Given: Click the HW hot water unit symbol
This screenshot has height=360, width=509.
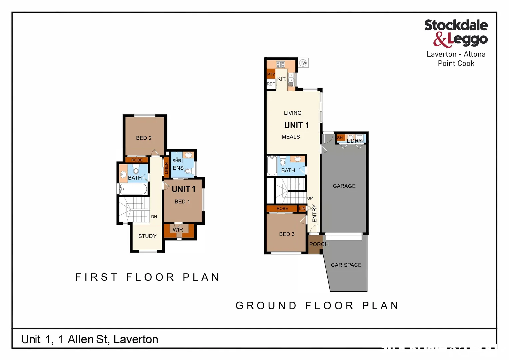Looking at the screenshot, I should pos(303,63).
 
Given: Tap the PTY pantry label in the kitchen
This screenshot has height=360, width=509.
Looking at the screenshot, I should pos(271,75).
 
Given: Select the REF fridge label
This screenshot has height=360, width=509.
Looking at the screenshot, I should pos(271,84).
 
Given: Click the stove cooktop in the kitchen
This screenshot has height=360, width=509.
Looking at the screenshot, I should pos(281,64).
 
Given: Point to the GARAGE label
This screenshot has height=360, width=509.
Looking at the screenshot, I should pos(344,186).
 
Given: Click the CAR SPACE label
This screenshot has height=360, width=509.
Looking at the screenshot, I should pos(346,265).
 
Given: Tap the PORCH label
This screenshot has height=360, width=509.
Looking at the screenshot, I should pos(319,244).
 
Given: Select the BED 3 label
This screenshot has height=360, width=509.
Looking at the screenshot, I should pos(287,234).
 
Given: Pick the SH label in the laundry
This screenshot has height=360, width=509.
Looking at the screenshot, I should pos(340,138).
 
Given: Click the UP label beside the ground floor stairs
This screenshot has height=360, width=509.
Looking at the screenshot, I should pos(310,198).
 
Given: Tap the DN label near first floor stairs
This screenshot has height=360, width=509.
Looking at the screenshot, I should pos(154,217).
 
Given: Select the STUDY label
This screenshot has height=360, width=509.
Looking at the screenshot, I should pos(147,236).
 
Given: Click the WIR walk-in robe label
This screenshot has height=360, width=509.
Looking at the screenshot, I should pos(178,230).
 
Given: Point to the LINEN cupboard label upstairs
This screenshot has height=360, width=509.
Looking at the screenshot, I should pos(166,168).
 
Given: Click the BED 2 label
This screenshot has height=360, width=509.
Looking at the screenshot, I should pos(144,138).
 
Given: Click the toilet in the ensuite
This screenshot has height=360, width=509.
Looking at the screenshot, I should pos(188,171).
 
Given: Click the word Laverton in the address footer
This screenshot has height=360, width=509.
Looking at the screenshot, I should pos(136,339).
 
